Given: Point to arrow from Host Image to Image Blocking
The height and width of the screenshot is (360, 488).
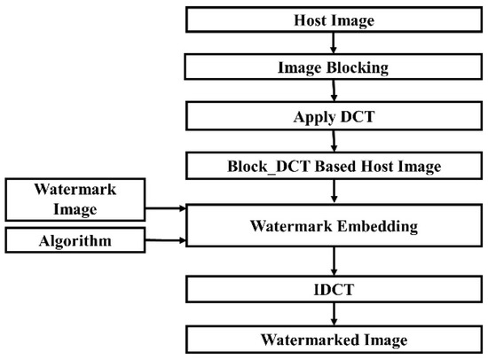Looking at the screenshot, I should tap(333, 43).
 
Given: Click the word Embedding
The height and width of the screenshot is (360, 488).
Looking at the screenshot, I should tap(379, 224).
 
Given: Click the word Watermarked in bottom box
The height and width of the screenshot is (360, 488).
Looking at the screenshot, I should tap(312, 339).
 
